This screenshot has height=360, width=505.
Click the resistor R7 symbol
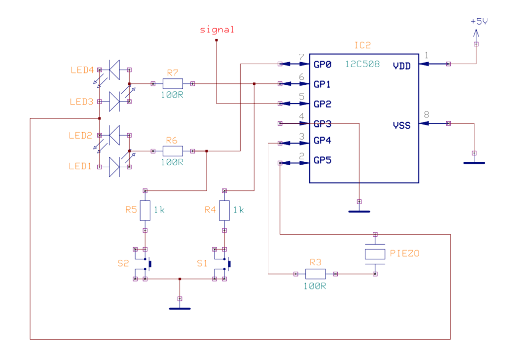[x=173, y=83]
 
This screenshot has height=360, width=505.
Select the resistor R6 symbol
[x=173, y=151]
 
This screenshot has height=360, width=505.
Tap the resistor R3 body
[x=316, y=274]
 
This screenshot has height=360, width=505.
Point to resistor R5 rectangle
[x=145, y=211]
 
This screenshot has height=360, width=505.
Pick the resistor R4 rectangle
[x=224, y=211]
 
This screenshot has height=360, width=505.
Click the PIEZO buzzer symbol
[x=375, y=254]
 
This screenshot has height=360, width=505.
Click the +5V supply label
[x=479, y=22]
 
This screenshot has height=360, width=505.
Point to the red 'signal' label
[x=217, y=30]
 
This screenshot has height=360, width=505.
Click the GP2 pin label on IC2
[x=323, y=104]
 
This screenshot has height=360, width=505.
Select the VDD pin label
[x=401, y=66]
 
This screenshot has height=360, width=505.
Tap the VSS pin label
[x=401, y=125]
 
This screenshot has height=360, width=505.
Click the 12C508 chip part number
[x=362, y=64]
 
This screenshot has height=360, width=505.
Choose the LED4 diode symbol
[x=114, y=70]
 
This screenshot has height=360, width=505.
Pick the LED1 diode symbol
[x=114, y=167]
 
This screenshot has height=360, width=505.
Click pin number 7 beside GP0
[x=301, y=56]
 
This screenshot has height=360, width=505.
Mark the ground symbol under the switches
[x=180, y=308]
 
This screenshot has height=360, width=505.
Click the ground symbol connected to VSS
[x=474, y=162]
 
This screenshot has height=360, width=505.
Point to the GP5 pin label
[x=323, y=160]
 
